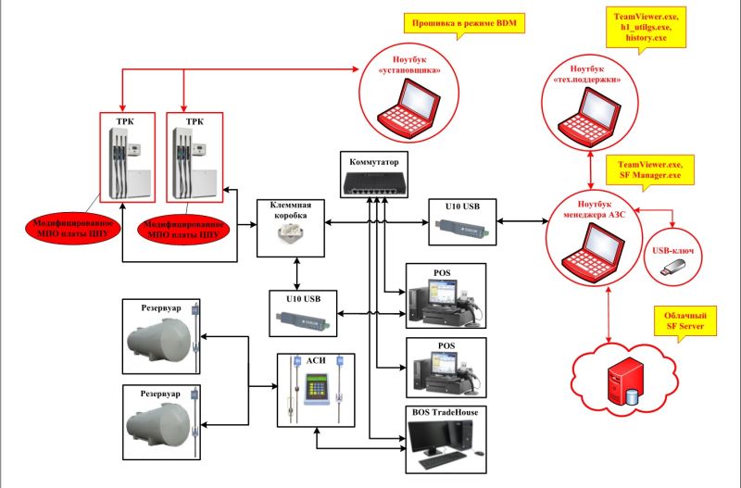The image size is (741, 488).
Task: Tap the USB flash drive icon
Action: point(673,268)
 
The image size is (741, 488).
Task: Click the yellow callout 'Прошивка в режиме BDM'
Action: point(464,23)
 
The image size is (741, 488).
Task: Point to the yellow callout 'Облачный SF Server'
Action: point(685,320)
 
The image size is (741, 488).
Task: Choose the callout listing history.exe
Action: point(646,28)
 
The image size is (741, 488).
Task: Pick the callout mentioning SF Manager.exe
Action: point(650,170)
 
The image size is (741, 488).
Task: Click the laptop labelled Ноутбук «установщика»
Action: point(408,109)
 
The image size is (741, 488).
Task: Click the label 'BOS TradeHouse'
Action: point(446,412)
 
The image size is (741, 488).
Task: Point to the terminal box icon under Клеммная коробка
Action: point(290,234)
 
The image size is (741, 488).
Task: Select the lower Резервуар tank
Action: point(159,424)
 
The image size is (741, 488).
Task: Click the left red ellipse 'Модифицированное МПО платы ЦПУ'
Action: point(73,228)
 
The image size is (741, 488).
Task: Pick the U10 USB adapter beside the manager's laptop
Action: point(462,227)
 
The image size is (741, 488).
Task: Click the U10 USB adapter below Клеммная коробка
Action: point(303,319)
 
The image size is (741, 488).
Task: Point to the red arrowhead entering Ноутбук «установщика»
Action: point(356,69)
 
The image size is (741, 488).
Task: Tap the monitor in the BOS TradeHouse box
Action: point(429,438)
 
